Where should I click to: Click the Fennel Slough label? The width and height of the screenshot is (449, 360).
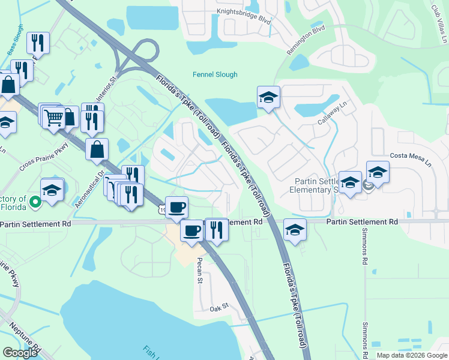pos(215,74)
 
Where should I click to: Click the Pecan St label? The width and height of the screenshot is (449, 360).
pos(200,272)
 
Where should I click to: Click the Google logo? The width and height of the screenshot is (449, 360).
pos(20,353)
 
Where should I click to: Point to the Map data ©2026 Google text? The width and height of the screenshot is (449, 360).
pos(412,355)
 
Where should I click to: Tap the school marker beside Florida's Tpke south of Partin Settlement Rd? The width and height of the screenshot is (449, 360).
pos(295,230)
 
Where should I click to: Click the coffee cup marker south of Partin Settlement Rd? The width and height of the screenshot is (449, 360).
pos(192,229)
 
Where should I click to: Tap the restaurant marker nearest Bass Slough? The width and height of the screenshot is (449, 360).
pos(38,43)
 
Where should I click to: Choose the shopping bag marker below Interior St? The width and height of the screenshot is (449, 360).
pos(97,149)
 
